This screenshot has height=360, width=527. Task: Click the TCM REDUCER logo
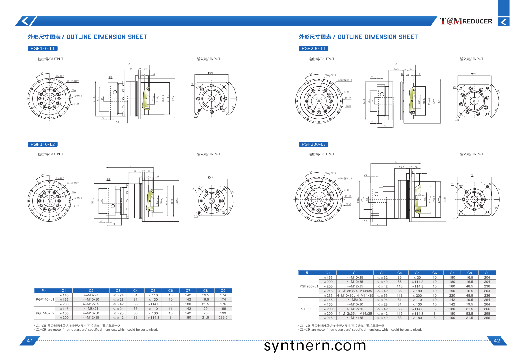pos(466,21)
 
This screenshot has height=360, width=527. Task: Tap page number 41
pos(30,341)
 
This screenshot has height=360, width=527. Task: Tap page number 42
pos(497,341)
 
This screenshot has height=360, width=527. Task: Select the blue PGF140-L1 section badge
pos(43,49)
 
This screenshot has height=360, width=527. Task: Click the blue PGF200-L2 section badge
pos(313,144)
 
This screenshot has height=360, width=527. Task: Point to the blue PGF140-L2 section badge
pos(43,144)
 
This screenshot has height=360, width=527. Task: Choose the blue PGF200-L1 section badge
pos(313,49)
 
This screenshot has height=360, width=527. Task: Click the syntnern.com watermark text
pos(315,346)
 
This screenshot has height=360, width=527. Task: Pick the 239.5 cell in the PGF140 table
pos(223,317)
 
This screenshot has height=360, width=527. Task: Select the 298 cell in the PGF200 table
pos(487,313)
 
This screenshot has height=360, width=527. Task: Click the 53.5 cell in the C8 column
pos(469,313)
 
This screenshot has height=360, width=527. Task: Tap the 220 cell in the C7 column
pos(452,295)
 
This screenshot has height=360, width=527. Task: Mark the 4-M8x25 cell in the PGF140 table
pos(91,309)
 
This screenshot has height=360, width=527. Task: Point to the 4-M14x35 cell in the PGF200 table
pos(355,318)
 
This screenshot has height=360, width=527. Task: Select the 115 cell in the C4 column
pos(400,313)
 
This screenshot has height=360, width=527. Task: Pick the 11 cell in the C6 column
pos(170,309)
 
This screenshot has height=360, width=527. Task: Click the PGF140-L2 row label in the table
pos(45,313)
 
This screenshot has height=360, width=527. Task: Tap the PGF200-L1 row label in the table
pos(308,286)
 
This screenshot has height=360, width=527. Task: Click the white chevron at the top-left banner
pos(25,21)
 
